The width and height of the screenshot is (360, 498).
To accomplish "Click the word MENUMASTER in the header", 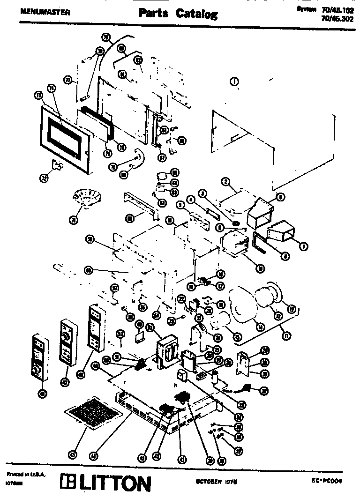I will coord(45,12).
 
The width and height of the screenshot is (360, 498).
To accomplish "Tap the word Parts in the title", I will coord(153,14).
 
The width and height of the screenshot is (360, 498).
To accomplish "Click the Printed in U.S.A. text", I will coord(25,474).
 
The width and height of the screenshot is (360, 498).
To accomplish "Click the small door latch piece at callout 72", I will coord(58,164).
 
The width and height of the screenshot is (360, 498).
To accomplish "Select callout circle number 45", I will coord(72,453).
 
